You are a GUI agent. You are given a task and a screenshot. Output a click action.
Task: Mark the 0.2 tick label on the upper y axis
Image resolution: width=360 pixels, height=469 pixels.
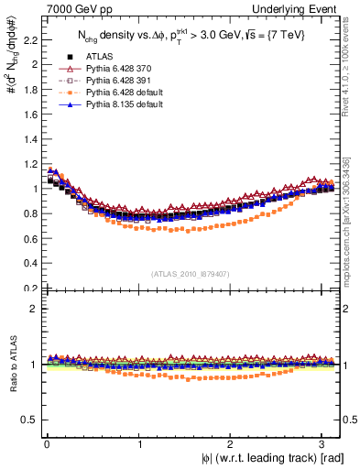point(30,288)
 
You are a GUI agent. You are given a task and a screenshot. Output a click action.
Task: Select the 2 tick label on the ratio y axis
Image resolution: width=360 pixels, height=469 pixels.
point(35,308)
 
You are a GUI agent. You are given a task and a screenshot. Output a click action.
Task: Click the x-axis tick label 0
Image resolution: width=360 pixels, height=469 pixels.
point(46,443)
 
